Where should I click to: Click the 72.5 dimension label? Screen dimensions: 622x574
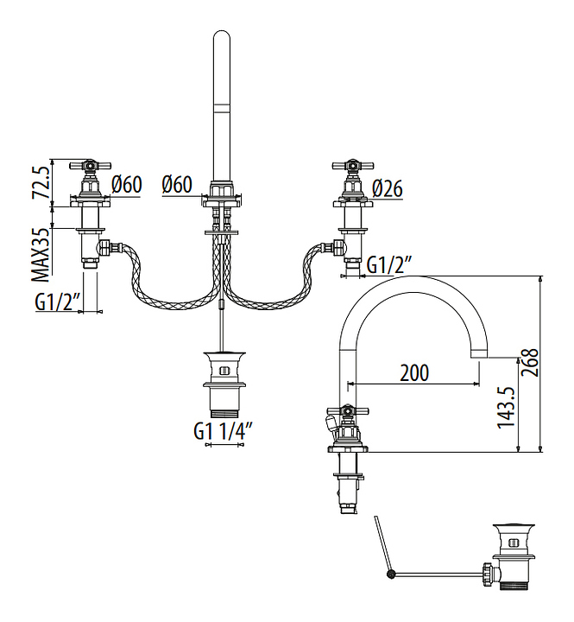pos(39,181)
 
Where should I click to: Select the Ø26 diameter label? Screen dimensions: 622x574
pos(388,187)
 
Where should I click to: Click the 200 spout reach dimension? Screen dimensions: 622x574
pos(414,373)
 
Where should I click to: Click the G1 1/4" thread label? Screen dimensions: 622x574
pos(223,430)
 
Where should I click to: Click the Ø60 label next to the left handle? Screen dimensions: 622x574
pos(127,184)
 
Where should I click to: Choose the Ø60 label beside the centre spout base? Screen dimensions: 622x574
pos(177,184)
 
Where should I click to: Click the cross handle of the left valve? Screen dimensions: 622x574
pos(89,164)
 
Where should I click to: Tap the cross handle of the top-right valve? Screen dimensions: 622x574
pos(351,164)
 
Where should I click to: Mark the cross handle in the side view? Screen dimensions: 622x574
pos(345,414)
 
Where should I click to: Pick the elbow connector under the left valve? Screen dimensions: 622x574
pos(104,249)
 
